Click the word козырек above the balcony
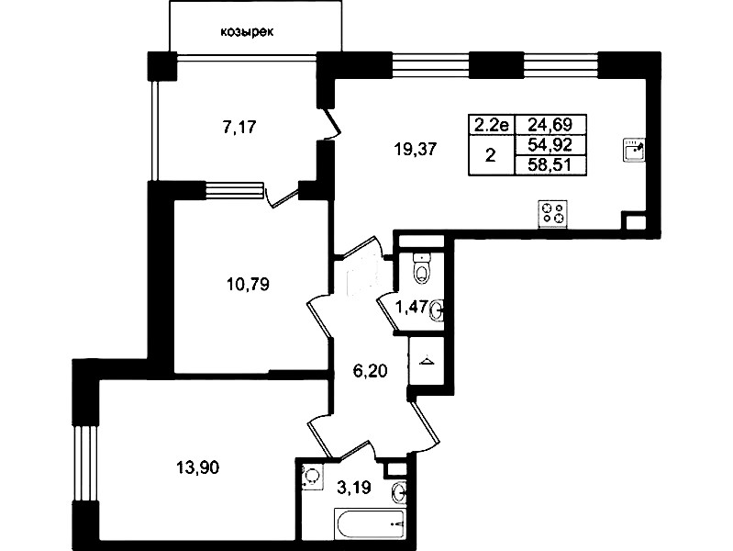(x=247, y=32)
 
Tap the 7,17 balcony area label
(x=239, y=127)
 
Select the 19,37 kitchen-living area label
(x=415, y=150)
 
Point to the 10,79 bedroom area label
(x=249, y=284)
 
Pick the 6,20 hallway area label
(x=370, y=371)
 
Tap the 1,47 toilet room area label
(x=411, y=308)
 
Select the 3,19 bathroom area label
(x=354, y=489)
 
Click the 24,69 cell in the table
(x=550, y=125)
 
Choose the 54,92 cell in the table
(x=550, y=146)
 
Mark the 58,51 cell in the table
(x=550, y=165)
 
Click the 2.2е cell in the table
(x=492, y=125)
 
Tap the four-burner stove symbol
(x=553, y=214)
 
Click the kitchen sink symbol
(x=634, y=151)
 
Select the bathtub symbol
(x=370, y=523)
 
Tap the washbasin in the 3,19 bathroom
(x=399, y=492)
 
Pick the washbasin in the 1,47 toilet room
(x=437, y=309)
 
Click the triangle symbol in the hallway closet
(x=426, y=361)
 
